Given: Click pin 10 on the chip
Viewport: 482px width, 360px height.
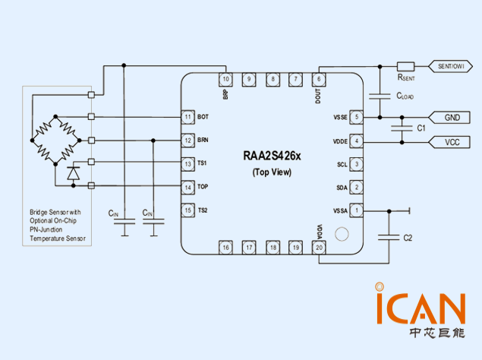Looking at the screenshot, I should tap(225, 79).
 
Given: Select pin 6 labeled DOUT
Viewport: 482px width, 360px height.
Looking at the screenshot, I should tap(319, 79).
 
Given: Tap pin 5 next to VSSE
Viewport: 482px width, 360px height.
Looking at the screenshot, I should tap(358, 117).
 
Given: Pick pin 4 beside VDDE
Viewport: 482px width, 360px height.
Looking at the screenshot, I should tap(358, 141).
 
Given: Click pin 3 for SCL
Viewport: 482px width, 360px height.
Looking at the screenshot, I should tap(358, 164).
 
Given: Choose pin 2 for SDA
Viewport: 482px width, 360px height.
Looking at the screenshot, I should tap(358, 187).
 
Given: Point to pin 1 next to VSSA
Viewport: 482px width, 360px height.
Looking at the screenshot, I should tap(358, 210).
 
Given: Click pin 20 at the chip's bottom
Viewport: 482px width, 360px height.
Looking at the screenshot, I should tap(319, 248).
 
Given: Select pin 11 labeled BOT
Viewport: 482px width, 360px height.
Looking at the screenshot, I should tap(187, 117).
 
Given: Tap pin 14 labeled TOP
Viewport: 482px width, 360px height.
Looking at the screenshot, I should tap(187, 187).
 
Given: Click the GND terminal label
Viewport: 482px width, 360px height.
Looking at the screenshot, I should tap(452, 118).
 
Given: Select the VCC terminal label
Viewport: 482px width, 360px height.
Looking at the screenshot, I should tap(452, 142).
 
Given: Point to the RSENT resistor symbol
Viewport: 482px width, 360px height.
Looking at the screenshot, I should tap(405, 66).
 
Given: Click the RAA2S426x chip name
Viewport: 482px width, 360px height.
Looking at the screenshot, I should tap(272, 156).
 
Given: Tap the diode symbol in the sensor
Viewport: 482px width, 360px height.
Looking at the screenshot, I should tap(74, 173).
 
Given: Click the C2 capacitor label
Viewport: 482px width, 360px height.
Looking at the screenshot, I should tap(408, 238).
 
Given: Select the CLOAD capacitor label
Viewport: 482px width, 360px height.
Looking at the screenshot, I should tap(405, 97).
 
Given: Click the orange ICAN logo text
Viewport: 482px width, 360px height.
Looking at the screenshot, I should tap(419, 307).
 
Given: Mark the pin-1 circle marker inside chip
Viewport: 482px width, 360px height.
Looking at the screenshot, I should tap(341, 234).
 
